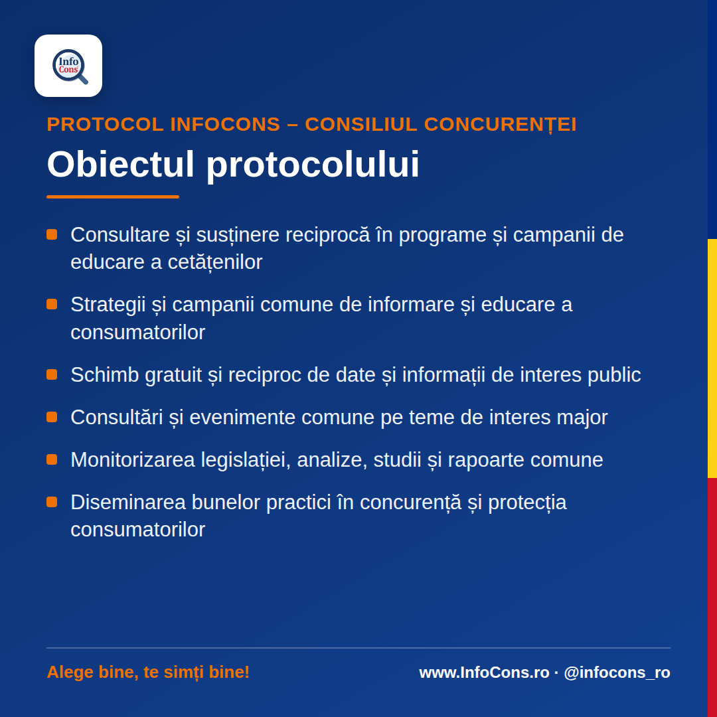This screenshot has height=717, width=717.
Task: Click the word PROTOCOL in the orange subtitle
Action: [x=106, y=124]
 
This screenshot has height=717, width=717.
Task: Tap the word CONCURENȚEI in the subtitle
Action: [x=501, y=125]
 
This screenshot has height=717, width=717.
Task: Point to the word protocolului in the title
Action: [x=313, y=165]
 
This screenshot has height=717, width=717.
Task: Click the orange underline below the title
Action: [x=112, y=197]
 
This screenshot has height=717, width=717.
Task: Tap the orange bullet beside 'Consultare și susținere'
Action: [x=52, y=234]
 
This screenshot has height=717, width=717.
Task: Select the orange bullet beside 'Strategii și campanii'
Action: [x=52, y=304]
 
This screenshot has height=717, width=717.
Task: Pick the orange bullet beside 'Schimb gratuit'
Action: [x=52, y=374]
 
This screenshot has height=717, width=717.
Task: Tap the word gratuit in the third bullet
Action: [x=173, y=375]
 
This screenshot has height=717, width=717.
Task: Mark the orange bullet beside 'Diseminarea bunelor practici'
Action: [x=52, y=502]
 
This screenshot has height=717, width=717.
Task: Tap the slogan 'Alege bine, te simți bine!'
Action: [x=148, y=672]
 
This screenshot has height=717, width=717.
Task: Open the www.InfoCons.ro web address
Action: [x=484, y=673]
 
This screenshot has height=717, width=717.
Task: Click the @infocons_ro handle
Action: [x=617, y=673]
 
